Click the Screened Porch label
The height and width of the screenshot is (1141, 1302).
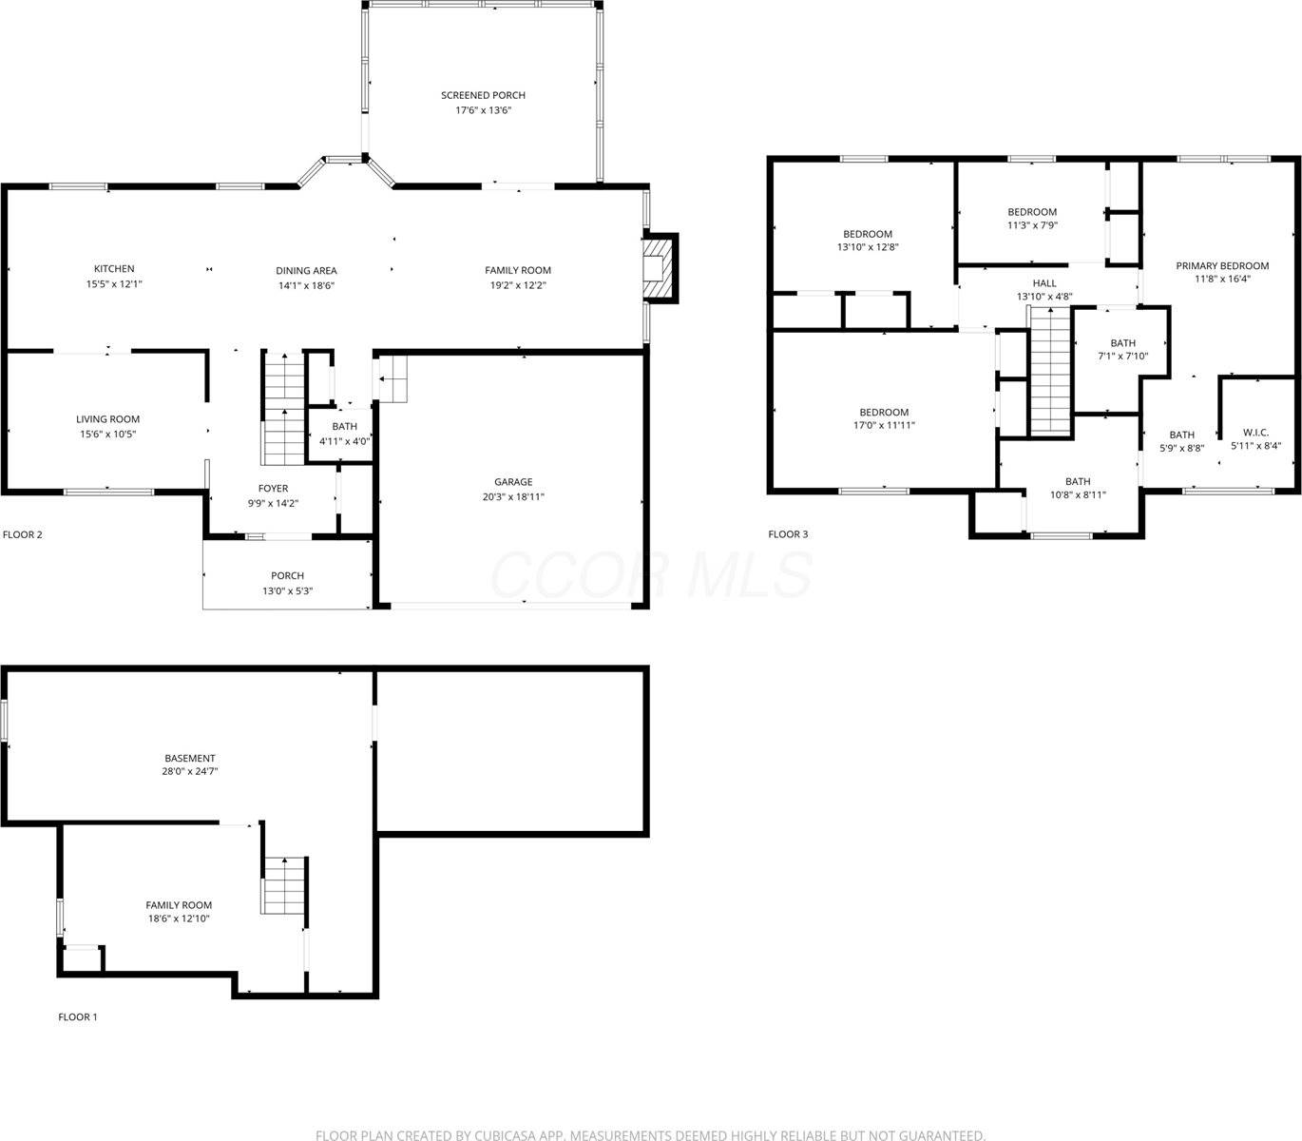483,95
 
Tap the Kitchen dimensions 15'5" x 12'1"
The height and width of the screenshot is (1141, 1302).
114,283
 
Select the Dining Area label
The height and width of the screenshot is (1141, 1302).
306,270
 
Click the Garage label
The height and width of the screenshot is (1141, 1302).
513,482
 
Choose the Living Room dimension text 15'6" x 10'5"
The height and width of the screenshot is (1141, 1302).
108,434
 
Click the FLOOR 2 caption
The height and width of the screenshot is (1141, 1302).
23,534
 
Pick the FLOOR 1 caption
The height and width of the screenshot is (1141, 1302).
78,1017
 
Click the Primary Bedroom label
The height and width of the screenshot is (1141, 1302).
1222,266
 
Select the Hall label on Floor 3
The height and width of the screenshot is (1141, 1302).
1044,283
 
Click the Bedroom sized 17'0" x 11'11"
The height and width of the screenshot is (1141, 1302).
884,413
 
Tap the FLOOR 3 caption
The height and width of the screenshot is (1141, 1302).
788,534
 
